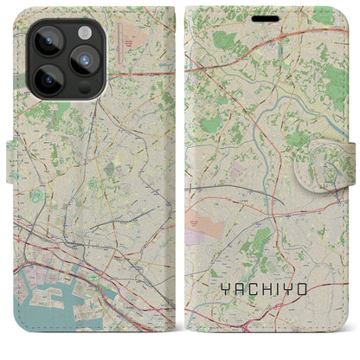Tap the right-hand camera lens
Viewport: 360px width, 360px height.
click(83, 61)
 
